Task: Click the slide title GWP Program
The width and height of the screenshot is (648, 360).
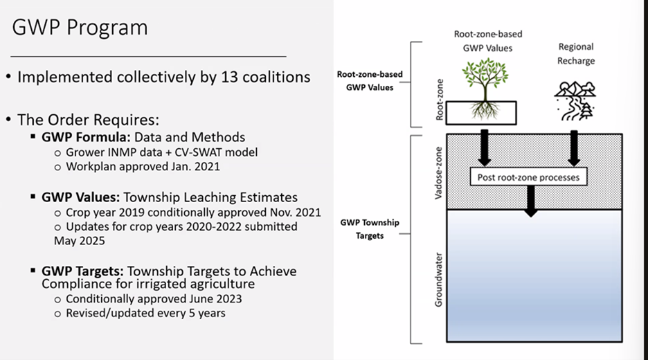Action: tap(80, 28)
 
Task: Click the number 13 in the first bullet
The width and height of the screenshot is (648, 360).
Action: tap(229, 77)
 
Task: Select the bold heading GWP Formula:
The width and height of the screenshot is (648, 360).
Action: tap(86, 137)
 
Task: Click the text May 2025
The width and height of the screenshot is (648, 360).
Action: tap(80, 240)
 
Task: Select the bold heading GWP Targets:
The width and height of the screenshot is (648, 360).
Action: tap(82, 271)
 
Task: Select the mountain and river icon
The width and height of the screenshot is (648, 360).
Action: tap(575, 101)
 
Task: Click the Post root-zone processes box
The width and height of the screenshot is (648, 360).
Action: tap(528, 177)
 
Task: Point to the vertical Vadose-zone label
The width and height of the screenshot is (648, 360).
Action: tap(438, 173)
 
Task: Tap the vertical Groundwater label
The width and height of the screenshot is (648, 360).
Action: tap(438, 280)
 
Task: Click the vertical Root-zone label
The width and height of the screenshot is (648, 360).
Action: tap(440, 100)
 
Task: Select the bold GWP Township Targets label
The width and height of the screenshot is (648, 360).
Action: tap(370, 229)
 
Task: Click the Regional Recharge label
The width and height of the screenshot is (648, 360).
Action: tap(576, 54)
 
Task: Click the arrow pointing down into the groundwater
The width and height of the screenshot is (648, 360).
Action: tap(530, 201)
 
